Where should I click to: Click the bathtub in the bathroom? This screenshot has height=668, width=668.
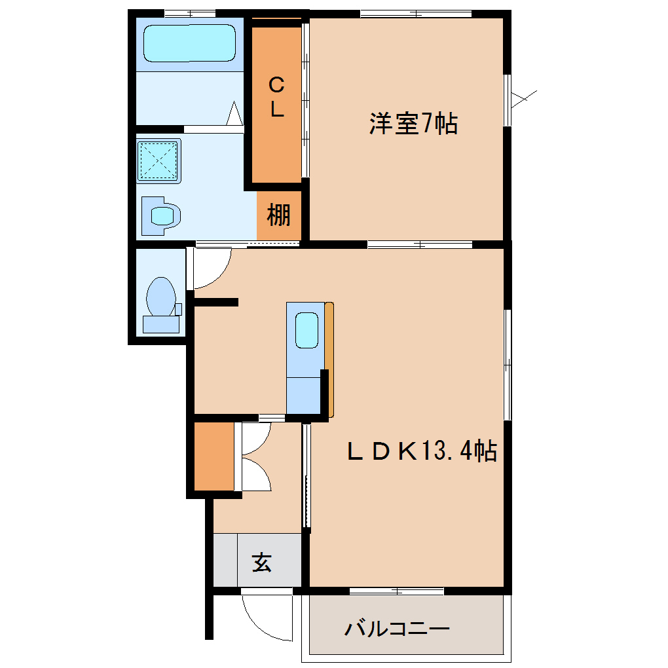tap(189, 43)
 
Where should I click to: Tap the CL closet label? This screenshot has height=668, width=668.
tap(276, 97)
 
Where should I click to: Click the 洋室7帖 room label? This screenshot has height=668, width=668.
tap(413, 124)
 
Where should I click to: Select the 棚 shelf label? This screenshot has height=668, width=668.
tap(278, 215)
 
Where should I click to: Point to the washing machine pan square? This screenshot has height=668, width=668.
tap(158, 161)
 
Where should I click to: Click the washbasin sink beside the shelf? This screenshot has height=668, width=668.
tap(161, 216)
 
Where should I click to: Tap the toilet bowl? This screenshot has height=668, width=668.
tap(161, 297)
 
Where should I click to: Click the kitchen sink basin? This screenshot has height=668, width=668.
tap(306, 330)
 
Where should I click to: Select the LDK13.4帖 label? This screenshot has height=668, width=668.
tap(422, 451)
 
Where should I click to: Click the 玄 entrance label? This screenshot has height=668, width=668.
tap(261, 563)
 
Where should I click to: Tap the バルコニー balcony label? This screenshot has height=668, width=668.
tap(397, 629)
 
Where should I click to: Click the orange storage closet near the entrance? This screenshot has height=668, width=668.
tap(214, 456)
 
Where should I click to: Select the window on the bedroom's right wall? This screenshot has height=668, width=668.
tap(508, 100)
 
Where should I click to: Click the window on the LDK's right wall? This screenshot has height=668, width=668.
tap(508, 365)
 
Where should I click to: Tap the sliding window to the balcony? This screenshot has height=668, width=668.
tap(397, 591)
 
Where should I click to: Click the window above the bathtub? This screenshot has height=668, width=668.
tap(190, 14)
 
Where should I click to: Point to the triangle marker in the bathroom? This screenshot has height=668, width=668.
tap(234, 113)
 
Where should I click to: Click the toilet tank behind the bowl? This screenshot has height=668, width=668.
tap(161, 324)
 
